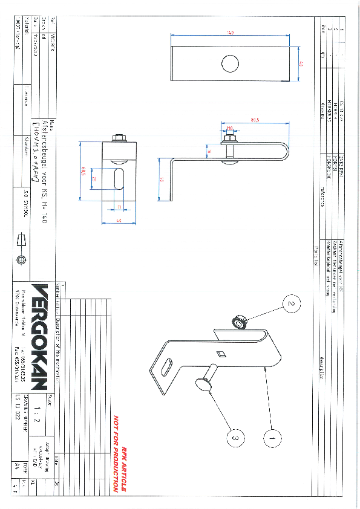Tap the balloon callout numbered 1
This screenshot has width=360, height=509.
coord(272,433)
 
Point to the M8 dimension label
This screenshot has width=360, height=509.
coord(230,128)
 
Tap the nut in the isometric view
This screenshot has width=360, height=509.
coord(240,323)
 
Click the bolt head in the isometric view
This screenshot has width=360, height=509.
coord(201,384)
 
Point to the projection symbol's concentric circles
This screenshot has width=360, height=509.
coord(22,259)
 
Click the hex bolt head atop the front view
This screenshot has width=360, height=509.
coord(119,137)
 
